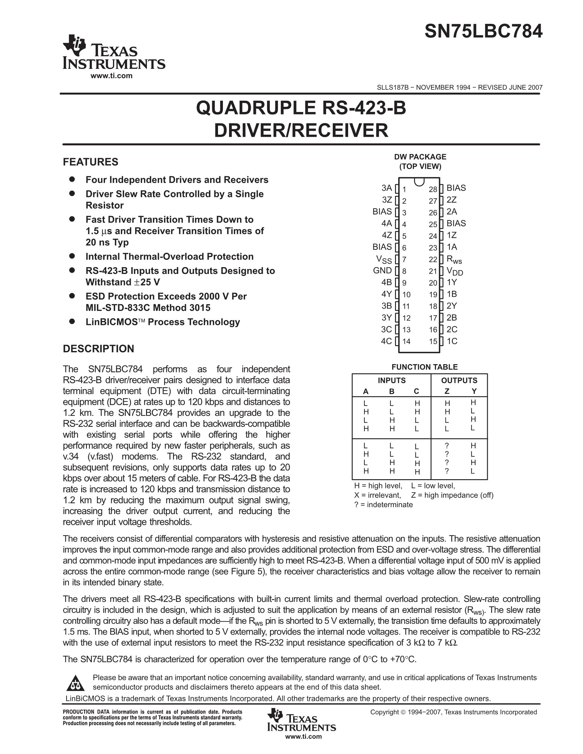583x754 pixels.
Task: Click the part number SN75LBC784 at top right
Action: (483, 32)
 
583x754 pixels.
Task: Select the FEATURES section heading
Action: (91, 162)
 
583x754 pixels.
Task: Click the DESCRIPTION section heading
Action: (98, 349)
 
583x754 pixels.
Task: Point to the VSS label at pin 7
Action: (384, 259)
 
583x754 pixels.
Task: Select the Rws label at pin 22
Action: (454, 259)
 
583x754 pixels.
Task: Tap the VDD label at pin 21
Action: (454, 271)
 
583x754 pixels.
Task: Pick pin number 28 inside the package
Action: (433, 189)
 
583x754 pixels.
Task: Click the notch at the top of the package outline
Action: (419, 181)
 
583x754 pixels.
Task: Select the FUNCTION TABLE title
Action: (424, 367)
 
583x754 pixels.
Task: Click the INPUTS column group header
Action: (392, 380)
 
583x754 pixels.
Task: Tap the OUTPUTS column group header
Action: (459, 380)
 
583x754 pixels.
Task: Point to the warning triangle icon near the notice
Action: (75, 683)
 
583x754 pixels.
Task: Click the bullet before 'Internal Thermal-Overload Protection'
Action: (72, 256)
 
